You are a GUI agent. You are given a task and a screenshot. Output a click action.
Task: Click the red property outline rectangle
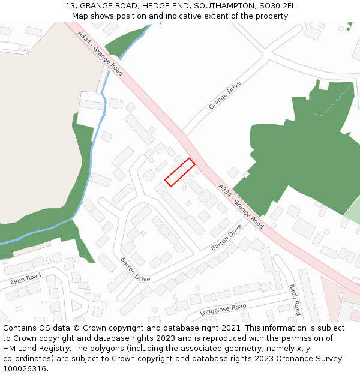coord(179,172)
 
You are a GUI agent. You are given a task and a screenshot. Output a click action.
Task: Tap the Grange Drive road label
coord(225,95)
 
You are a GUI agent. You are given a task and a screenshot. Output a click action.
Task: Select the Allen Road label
coord(26,279)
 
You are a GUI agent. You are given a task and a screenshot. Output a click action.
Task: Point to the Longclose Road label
coord(223,310)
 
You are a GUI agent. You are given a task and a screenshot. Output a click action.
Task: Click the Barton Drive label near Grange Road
coord(226,238)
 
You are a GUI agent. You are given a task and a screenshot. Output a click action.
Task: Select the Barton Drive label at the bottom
coord(136,269)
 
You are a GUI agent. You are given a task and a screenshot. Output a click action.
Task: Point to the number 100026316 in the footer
coord(25,368)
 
